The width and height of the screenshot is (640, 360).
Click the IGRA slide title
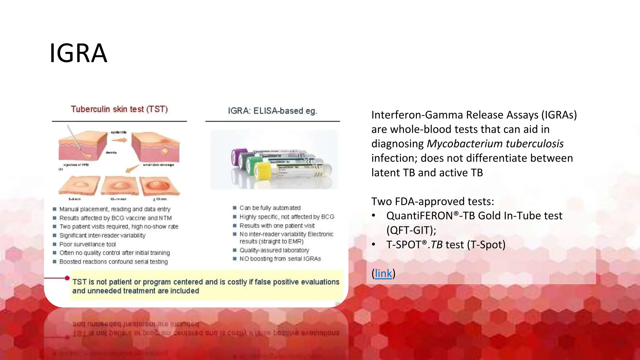point(78,53)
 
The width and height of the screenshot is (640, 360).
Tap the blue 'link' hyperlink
point(383,273)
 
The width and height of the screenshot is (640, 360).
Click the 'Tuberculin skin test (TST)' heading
point(119,109)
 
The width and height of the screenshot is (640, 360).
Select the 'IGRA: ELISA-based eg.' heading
point(272,111)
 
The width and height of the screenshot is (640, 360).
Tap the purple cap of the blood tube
point(236,156)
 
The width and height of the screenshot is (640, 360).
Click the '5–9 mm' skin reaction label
point(74,199)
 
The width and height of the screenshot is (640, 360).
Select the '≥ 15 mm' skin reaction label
point(160,199)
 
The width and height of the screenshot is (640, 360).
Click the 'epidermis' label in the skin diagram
point(119,132)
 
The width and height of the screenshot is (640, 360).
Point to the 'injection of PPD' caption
point(76,165)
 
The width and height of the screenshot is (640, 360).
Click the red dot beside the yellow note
point(67,278)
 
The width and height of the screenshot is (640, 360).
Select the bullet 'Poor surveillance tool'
point(87,244)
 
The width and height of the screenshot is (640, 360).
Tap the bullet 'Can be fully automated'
point(270,208)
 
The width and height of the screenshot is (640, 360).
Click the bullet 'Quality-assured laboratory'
point(274,250)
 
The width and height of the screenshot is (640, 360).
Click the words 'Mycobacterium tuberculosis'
point(495,144)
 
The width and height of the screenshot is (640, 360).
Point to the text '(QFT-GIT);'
point(411,230)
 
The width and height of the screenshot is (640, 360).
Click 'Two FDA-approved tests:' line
point(432,202)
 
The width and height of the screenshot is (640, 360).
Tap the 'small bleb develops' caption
point(158,165)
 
